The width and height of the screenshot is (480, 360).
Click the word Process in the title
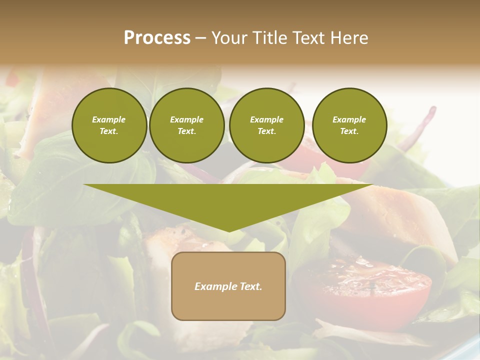click(157, 37)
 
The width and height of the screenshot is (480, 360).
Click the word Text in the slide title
click(308, 37)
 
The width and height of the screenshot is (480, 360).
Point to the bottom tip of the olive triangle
click(228, 231)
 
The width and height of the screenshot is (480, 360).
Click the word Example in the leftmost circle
click(109, 119)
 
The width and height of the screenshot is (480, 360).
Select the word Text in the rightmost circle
click(349, 131)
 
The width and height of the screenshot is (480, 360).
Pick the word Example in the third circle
click(266, 119)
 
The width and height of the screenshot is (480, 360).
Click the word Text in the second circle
click(186, 131)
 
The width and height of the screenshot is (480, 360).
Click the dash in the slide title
click(200, 38)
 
